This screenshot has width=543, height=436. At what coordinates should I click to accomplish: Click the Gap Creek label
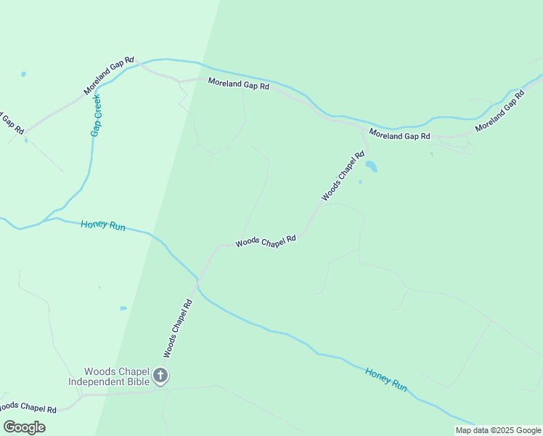tap(96, 115)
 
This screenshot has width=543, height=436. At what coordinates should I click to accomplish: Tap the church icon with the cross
tap(160, 376)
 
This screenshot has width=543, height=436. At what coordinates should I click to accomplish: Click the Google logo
tap(25, 427)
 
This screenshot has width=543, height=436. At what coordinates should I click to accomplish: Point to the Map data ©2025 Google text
tap(499, 430)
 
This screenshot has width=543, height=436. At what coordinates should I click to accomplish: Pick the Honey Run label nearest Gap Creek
tap(103, 225)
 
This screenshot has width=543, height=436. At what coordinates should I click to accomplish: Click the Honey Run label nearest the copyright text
tap(386, 379)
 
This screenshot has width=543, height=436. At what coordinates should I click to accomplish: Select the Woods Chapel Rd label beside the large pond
tap(343, 176)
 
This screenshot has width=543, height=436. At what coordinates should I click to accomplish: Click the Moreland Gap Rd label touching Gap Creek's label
tap(109, 76)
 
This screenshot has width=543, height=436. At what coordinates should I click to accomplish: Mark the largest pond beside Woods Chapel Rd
tap(371, 166)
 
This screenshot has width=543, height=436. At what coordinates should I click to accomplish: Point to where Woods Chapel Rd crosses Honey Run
tap(197, 278)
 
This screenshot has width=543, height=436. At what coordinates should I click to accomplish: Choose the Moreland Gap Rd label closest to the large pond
tap(399, 136)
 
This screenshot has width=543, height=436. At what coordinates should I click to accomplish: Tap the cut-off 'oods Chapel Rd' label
tap(28, 408)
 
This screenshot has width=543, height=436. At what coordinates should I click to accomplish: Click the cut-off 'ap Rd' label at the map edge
tap(10, 121)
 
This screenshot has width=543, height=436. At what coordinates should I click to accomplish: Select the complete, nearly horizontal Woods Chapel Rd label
tap(266, 241)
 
